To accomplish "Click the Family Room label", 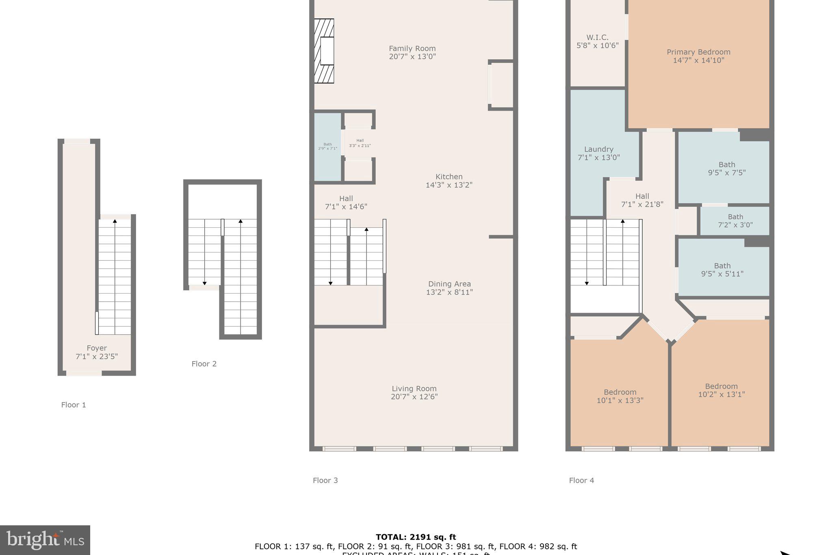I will coord(412,49).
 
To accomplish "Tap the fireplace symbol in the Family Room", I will coord(324,51).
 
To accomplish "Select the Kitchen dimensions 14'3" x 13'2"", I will coord(449,185).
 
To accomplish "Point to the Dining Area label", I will coord(449,284).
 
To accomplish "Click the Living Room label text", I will coord(414,389).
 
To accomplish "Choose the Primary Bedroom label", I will coord(698,52).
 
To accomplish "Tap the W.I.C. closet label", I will coord(597,37).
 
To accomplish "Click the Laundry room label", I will coord(598,150).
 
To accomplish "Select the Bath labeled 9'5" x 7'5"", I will coord(726,168).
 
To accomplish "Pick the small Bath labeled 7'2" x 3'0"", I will coord(735,220).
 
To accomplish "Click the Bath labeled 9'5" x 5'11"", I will coord(722,270).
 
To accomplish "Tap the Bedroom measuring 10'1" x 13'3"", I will coord(620,396).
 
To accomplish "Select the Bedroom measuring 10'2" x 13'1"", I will coord(721,390).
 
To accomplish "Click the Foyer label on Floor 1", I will coord(97,348).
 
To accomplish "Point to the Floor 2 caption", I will coord(204,364).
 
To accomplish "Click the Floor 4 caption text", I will coord(581,481).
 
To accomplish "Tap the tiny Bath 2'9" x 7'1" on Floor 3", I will coord(327,146).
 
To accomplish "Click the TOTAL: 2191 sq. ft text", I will coord(416,537).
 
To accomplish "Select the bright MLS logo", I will coord(45,540).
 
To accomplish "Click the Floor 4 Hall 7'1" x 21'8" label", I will coord(642,196).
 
